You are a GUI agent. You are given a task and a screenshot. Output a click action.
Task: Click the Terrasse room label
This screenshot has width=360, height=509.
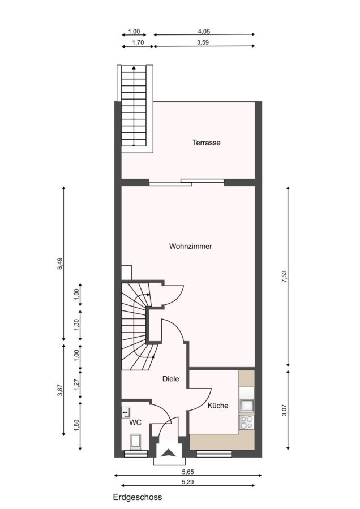tap(206, 143)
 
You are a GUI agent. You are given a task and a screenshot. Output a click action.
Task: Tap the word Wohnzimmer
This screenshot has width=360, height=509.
tap(190, 246)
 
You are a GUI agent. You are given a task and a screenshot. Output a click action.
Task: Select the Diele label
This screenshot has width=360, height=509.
tap(170, 379)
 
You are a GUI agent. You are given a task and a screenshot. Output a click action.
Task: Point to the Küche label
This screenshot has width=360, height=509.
tap(218, 406)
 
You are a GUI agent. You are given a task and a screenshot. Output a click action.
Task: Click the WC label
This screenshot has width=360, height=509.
tap(135, 422)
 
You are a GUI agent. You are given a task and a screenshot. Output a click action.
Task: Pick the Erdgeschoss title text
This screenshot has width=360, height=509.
tap(138, 497)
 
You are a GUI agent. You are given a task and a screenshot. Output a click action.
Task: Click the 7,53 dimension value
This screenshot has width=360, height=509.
tap(284, 276)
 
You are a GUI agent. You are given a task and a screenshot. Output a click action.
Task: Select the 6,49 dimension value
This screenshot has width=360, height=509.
tap(60, 264)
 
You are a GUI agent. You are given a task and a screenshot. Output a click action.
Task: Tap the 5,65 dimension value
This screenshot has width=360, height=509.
tap(188, 472)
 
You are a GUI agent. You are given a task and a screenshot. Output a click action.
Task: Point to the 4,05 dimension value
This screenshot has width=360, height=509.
tap(204, 32)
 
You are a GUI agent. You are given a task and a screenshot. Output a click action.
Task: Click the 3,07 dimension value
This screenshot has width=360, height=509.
tap(284, 410)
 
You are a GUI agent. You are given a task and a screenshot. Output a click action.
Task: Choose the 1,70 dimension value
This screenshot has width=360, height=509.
tap(138, 42)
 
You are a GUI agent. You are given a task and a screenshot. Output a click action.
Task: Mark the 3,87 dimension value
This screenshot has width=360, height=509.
tap(60, 390)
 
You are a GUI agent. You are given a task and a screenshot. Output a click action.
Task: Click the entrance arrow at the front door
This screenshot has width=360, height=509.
tap(169, 452)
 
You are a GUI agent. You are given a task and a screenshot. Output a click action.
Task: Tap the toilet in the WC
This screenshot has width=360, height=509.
tap(135, 442)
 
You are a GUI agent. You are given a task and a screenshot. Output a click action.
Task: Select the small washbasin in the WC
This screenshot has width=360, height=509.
tap(126, 412)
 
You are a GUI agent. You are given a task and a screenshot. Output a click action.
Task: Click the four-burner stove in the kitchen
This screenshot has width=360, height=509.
tap(246, 422)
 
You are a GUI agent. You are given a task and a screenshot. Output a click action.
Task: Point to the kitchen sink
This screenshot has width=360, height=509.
tap(247, 406)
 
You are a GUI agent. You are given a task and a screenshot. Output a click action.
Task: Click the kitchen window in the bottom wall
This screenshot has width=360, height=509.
tap(214, 454)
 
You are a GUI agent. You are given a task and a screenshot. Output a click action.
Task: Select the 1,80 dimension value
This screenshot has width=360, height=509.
tap(76, 425)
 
